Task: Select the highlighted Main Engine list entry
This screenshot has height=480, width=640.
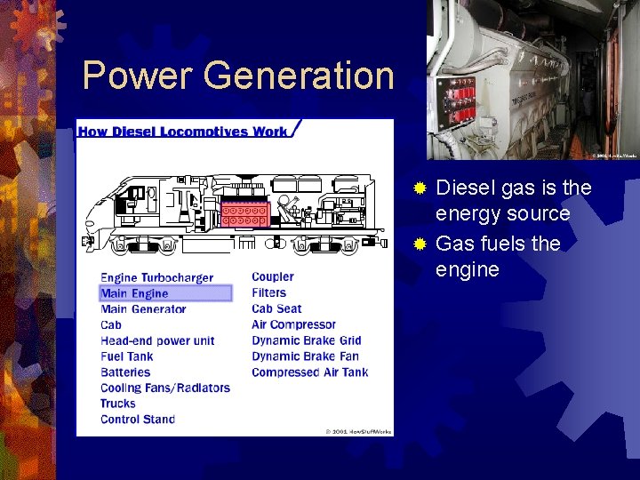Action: [134, 293]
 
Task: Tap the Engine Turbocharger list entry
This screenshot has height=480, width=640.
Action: [156, 277]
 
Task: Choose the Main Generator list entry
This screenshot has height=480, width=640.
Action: [143, 309]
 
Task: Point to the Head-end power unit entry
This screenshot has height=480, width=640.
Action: [157, 340]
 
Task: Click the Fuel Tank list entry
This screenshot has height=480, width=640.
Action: [126, 356]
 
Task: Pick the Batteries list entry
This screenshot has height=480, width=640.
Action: [125, 372]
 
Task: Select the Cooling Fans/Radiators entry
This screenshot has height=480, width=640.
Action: [164, 388]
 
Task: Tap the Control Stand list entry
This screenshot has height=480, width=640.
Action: [138, 420]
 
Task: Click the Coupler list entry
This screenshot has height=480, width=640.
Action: [272, 276]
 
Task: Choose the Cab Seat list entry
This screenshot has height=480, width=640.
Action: [276, 308]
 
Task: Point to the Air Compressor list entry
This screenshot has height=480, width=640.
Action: [293, 324]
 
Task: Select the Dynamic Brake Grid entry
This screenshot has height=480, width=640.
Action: [306, 340]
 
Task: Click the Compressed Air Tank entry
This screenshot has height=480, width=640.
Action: [309, 372]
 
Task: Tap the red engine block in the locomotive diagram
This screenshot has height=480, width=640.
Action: [245, 214]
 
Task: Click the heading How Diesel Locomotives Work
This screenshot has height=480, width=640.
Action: [183, 132]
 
